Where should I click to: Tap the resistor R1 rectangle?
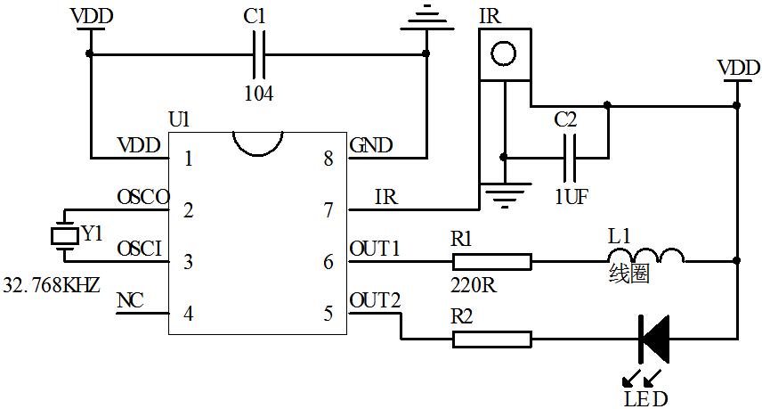(492, 262)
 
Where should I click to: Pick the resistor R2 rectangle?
(492, 339)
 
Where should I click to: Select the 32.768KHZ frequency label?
(52, 286)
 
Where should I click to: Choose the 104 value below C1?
(258, 93)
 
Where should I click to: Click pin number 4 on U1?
(188, 314)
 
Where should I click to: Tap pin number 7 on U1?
(328, 211)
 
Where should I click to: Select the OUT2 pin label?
(375, 299)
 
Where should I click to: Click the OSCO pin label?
(142, 197)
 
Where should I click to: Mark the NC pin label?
(130, 300)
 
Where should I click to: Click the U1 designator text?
(179, 119)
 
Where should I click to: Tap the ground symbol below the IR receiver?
(504, 194)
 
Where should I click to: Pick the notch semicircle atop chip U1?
(257, 140)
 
